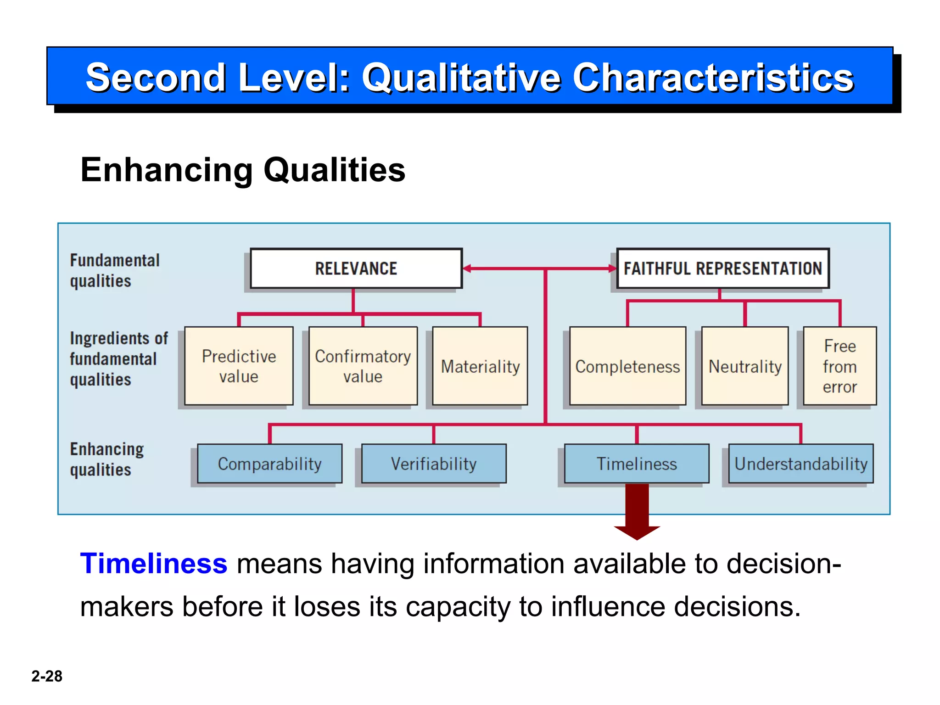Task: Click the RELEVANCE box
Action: [x=356, y=269]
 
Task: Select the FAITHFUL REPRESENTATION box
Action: [x=722, y=269]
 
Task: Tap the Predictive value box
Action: [x=239, y=366]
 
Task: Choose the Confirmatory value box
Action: [x=363, y=366]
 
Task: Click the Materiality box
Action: [x=480, y=366]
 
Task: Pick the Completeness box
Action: [x=627, y=366]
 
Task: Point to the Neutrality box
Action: [x=745, y=366]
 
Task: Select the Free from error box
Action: [x=839, y=366]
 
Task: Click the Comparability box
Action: [x=269, y=464]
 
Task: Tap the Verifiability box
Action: [x=434, y=464]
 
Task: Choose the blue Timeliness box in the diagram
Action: [x=637, y=464]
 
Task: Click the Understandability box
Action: [x=801, y=464]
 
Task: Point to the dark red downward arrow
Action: [x=637, y=512]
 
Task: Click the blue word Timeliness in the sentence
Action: [x=153, y=563]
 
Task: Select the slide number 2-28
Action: [x=47, y=676]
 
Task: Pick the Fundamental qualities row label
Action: [x=114, y=270]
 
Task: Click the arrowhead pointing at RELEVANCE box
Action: [x=467, y=269]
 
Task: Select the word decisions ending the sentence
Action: [x=737, y=606]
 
